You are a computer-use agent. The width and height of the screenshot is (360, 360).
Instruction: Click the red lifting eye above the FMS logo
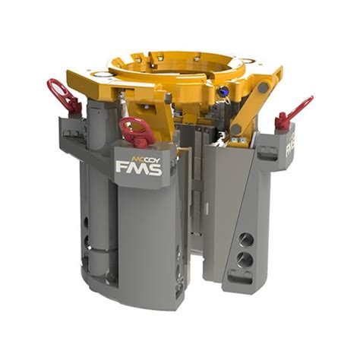coord(137,132)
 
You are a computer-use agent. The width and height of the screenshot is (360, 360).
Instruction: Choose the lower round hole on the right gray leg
coord(245,260)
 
